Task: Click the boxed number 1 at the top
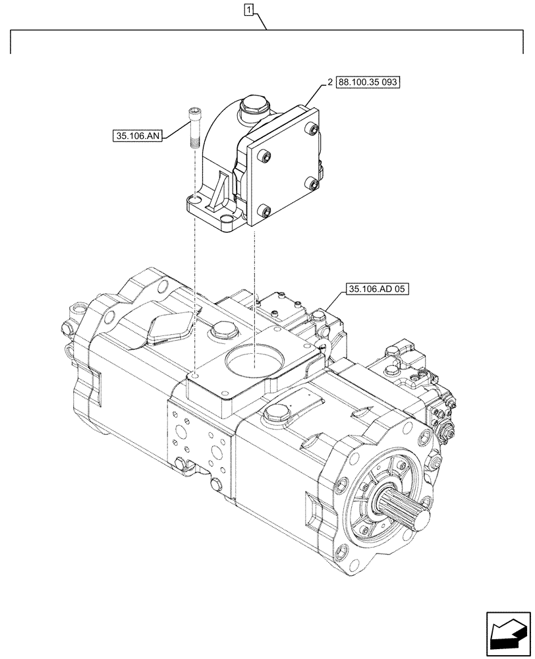[248, 9]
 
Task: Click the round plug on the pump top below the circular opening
[273, 413]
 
